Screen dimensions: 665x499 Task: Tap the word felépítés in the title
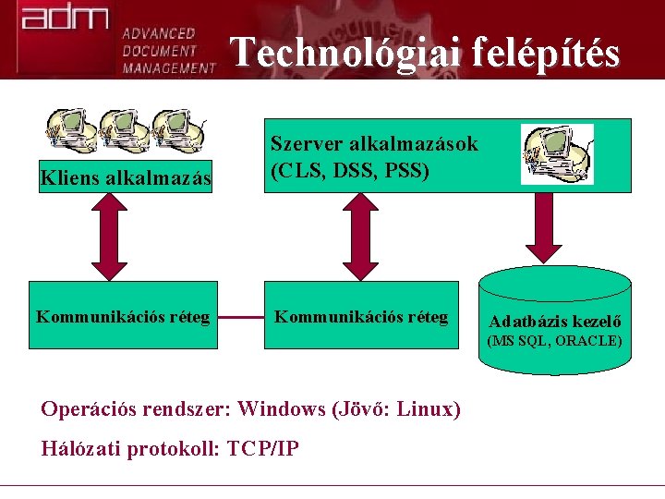click(545, 53)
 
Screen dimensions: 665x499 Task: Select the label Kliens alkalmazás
click(126, 177)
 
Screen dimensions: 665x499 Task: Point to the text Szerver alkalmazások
click(374, 144)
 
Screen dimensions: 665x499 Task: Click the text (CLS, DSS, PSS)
click(350, 171)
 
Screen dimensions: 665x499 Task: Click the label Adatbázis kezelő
click(554, 323)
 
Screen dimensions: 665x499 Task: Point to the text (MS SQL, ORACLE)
click(554, 341)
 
